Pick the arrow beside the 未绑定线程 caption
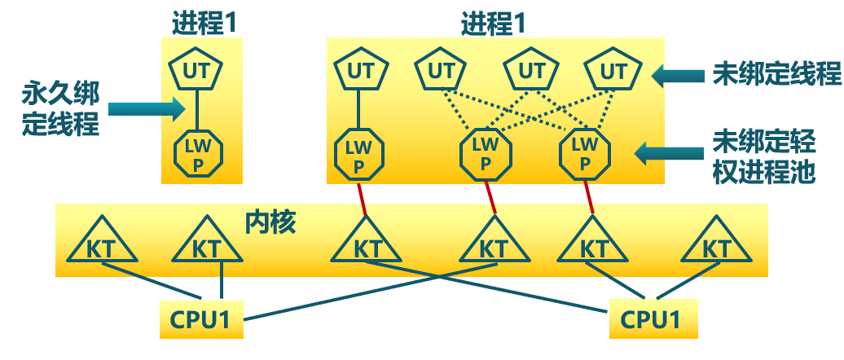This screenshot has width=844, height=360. (679, 76)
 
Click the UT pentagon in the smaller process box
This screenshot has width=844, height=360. (196, 72)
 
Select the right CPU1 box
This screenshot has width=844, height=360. (653, 319)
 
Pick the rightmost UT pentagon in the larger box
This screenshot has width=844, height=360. (613, 72)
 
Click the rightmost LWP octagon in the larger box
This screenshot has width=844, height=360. (585, 153)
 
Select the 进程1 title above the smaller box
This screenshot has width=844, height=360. (204, 24)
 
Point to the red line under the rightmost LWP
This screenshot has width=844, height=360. (588, 196)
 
